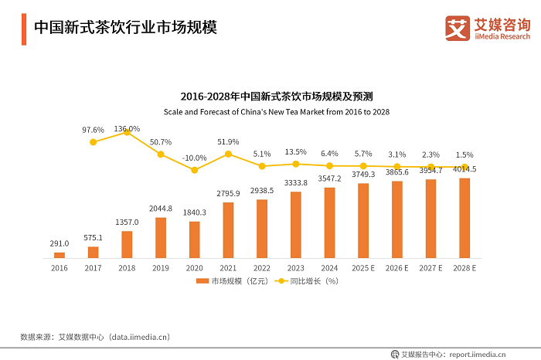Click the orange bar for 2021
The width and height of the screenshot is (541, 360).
click(228, 229)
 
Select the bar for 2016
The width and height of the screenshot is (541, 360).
click(60, 255)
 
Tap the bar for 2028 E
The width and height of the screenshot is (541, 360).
click(464, 218)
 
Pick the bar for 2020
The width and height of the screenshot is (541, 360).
click(195, 239)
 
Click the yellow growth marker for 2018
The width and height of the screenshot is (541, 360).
click(127, 133)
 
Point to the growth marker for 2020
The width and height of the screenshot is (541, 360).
click(195, 170)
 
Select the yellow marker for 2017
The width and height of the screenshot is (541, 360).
click(94, 141)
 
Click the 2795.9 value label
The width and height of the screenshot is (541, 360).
click(228, 193)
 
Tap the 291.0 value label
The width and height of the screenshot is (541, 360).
click(60, 243)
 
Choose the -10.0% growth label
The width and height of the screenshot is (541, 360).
click(195, 158)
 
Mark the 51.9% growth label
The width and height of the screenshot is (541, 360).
click(228, 142)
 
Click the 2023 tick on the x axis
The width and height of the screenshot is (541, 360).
click(296, 268)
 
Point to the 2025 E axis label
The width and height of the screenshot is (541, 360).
click(363, 268)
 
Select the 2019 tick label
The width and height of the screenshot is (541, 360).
click(161, 268)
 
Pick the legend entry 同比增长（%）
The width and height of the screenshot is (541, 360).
click(309, 281)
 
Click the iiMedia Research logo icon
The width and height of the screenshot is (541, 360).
click(458, 28)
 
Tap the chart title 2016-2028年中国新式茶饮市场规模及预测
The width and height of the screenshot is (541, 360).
click(277, 97)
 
